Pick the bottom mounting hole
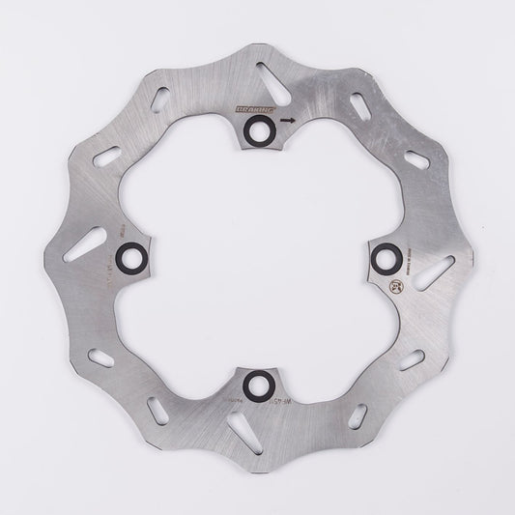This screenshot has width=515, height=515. click(x=256, y=381)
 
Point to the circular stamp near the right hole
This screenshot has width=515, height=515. click(x=399, y=286)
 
